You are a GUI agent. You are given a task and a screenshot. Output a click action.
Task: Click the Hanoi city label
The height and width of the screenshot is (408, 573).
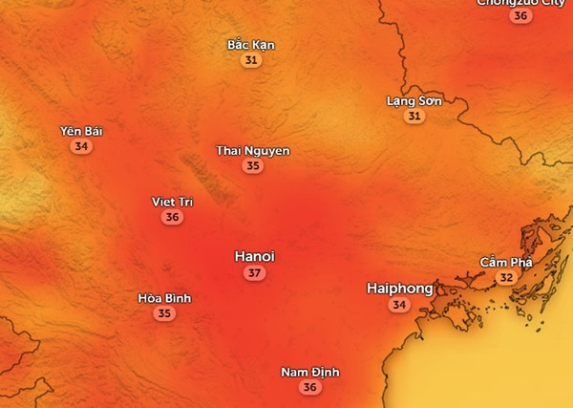pyautogui.click(x=254, y=257)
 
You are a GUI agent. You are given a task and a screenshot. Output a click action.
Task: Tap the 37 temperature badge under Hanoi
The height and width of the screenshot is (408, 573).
pyautogui.click(x=254, y=273)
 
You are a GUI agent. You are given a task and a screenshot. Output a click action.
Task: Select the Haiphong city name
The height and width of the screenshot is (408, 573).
pyautogui.click(x=399, y=288)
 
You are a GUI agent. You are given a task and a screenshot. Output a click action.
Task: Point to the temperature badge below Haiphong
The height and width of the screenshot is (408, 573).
pyautogui.click(x=399, y=305)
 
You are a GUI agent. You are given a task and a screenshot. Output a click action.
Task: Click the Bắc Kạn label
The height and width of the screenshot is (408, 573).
pyautogui.click(x=251, y=44)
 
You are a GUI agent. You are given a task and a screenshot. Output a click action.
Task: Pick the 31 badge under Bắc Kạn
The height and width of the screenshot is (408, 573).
pyautogui.click(x=251, y=60)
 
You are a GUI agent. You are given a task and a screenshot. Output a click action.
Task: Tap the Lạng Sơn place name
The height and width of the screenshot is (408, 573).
pyautogui.click(x=414, y=100)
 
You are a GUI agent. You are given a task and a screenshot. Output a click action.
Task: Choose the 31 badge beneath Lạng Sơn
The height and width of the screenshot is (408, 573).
pyautogui.click(x=414, y=117)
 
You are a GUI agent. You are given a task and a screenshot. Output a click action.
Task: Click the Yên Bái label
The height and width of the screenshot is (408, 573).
pyautogui.click(x=80, y=131)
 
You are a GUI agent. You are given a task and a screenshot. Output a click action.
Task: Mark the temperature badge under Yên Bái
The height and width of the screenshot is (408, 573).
pyautogui.click(x=81, y=147)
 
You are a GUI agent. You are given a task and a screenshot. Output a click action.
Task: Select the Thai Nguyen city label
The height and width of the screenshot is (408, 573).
pyautogui.click(x=252, y=151)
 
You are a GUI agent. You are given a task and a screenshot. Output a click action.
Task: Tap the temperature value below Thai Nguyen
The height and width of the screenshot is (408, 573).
pyautogui.click(x=252, y=166)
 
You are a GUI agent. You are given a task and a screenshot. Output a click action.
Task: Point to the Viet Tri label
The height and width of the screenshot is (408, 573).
pyautogui.click(x=172, y=202)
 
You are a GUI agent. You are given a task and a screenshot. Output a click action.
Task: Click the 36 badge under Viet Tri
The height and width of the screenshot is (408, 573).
pyautogui.click(x=172, y=218)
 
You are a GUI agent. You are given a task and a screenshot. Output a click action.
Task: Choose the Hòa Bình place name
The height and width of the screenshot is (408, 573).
pyautogui.click(x=164, y=297)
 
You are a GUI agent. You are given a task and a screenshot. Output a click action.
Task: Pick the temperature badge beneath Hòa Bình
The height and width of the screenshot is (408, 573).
pyautogui.click(x=164, y=313)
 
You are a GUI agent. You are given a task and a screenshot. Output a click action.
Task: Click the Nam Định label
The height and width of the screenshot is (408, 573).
pyautogui.click(x=309, y=372)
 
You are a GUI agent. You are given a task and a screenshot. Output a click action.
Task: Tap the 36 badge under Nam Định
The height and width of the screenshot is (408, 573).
pyautogui.click(x=309, y=388)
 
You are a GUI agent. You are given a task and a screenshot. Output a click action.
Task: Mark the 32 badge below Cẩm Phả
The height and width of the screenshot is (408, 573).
pyautogui.click(x=506, y=278)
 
